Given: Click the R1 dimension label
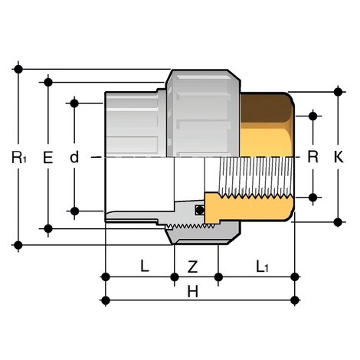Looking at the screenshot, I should pos(19,159).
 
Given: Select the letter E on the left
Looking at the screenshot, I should pos(47,159).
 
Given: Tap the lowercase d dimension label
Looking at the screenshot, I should pos(74,159).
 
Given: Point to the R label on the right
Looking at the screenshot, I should pos(313,159).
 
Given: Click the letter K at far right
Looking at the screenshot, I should pos(339,159).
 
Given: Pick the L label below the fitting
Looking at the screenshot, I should pos(143,267).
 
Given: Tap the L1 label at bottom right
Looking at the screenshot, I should pos(262,267).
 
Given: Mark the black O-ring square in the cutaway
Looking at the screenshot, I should pos(199,210).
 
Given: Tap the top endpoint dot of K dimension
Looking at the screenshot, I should pos(338,92).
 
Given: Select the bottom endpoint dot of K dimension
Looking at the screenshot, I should pos(338,221).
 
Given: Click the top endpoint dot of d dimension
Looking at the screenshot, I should pos(75,102).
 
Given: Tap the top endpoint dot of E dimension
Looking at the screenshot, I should pos(47,81).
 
